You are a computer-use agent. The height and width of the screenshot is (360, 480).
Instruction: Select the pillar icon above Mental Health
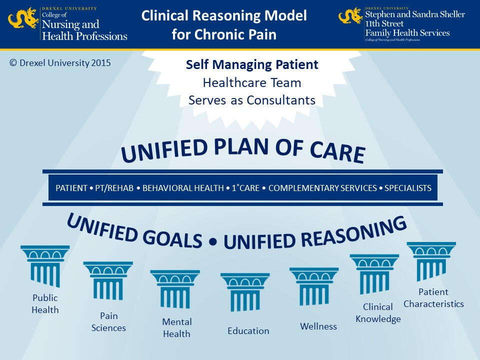[x=175, y=289]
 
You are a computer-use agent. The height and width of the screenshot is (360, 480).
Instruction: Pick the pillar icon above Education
[x=245, y=292]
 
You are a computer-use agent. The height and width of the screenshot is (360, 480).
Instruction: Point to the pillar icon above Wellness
[x=314, y=286]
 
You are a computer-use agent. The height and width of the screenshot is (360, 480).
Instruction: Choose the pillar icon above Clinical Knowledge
[x=374, y=273]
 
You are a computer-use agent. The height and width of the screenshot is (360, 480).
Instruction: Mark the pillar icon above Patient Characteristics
[x=431, y=261]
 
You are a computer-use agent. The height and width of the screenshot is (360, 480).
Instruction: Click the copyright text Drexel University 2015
[x=60, y=63]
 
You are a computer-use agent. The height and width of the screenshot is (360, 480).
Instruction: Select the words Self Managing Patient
[x=252, y=65]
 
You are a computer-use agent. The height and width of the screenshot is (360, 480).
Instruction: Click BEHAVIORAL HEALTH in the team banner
[x=183, y=188]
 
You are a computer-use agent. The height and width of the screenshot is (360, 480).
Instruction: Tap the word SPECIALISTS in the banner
[x=407, y=188]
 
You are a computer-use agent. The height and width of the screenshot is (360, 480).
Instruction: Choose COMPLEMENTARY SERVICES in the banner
[x=322, y=188]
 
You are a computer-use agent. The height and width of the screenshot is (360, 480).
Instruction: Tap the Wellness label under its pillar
[x=318, y=326]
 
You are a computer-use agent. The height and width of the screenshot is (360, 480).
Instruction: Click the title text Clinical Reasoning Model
[x=224, y=15]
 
